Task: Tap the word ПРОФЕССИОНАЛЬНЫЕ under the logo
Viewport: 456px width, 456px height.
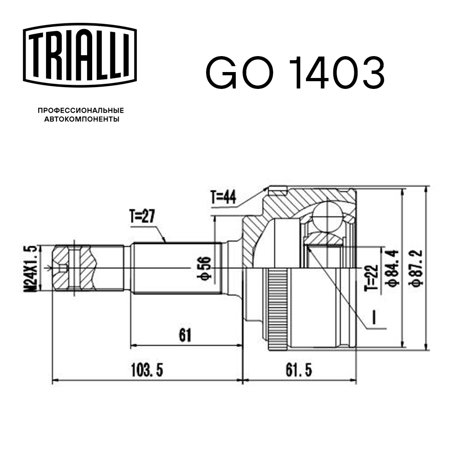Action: (81, 110)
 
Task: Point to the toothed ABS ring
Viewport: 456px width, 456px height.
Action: (276, 310)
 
